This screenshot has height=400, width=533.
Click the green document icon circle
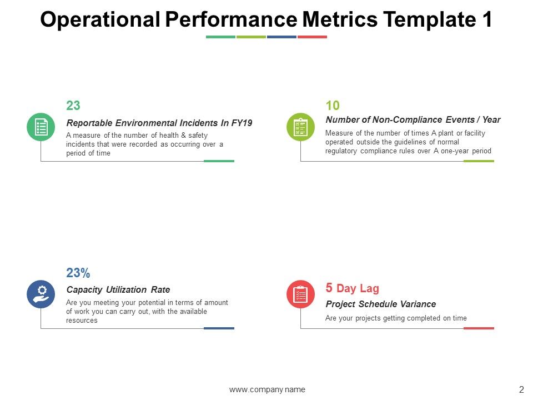tap(41, 127)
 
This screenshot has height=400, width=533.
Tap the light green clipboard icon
tap(300, 127)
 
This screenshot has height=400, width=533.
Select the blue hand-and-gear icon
tap(41, 294)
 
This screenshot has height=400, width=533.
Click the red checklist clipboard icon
tap(300, 294)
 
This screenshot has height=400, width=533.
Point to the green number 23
tap(73, 106)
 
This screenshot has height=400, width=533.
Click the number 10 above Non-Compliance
tap(333, 106)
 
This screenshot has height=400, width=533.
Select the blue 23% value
tap(78, 273)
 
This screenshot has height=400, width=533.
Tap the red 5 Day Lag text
tap(352, 288)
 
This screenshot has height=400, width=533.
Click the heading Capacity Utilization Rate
tap(118, 289)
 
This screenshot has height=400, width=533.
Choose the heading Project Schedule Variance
tap(380, 304)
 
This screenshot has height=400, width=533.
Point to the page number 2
tap(521, 389)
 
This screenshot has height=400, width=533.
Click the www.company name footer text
tap(267, 389)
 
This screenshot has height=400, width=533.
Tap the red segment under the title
tap(312, 37)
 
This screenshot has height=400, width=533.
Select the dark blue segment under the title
tap(281, 37)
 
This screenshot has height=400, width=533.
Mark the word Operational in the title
tap(100, 20)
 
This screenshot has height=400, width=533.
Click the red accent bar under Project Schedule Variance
tap(479, 328)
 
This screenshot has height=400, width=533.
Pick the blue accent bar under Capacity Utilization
tap(219, 328)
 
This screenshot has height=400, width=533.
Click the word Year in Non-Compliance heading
tap(490, 119)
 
